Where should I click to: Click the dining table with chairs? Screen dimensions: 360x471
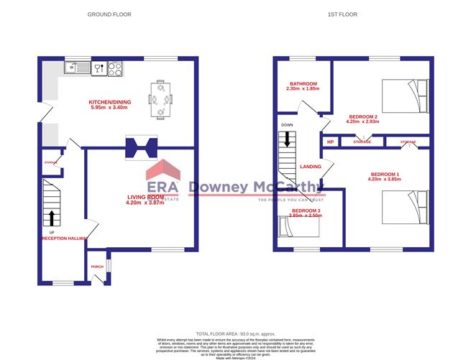(161, 98)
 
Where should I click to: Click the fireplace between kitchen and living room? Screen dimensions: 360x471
(141, 148)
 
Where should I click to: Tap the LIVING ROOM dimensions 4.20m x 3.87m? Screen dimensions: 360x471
(146, 203)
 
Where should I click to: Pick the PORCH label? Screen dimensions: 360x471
(97, 267)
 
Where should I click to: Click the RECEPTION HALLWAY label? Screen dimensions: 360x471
(65, 239)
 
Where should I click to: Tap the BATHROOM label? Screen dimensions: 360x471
(302, 83)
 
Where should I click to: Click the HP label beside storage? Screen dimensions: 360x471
(330, 142)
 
